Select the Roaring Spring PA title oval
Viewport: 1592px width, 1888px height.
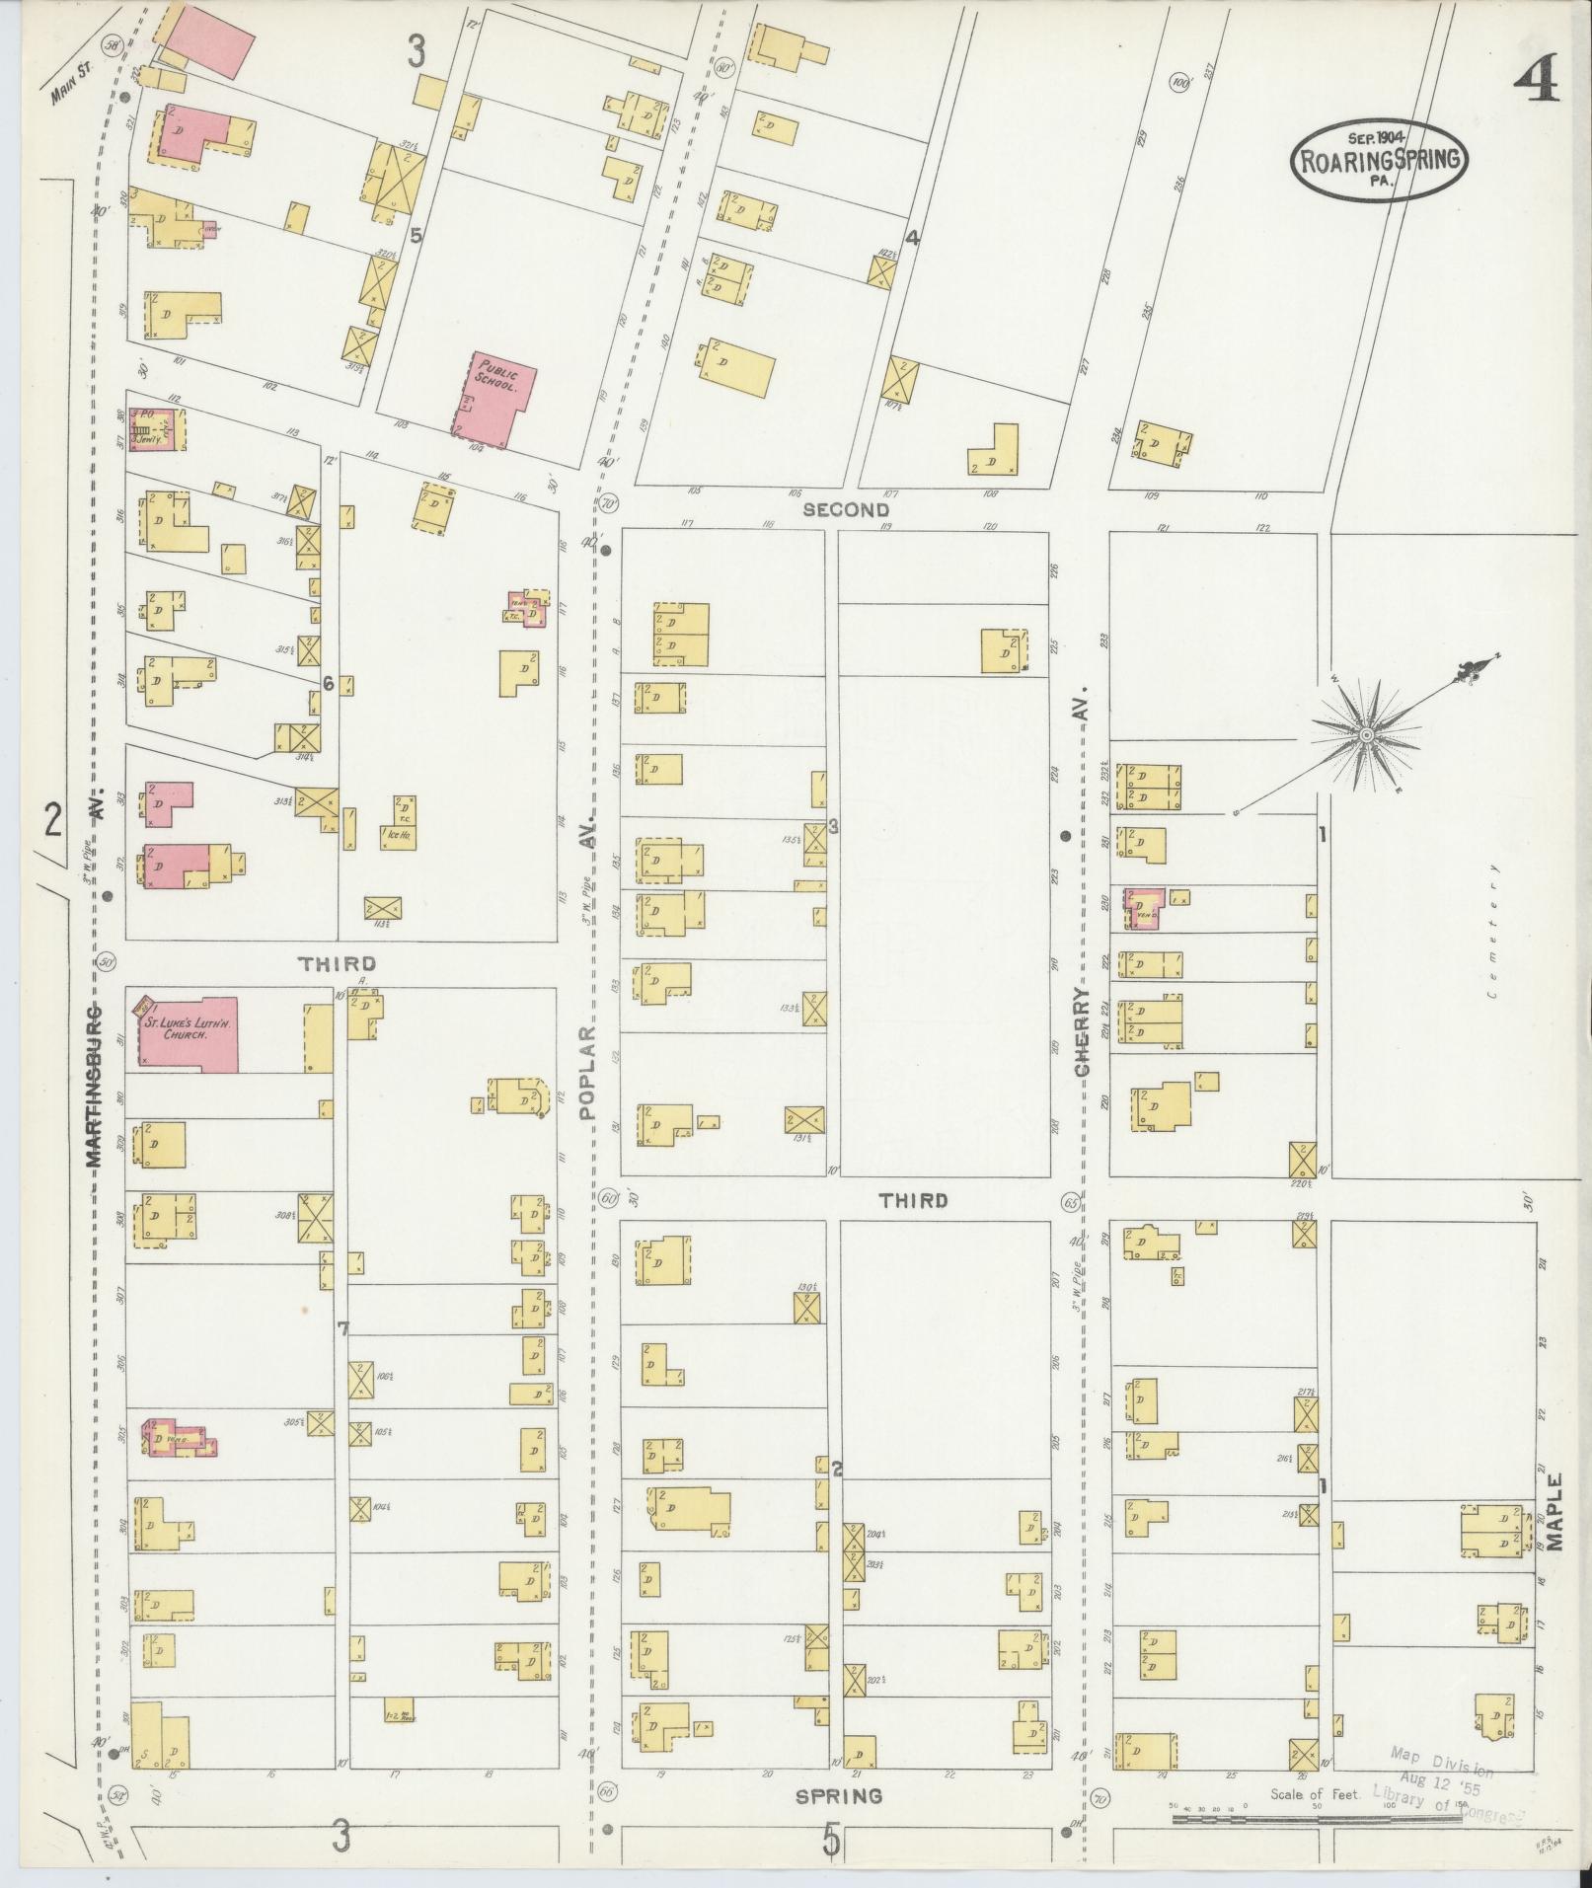1379,160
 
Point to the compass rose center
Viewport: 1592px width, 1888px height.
1366,736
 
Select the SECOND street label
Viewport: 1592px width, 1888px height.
846,510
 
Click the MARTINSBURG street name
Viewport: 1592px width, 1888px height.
96,1087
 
